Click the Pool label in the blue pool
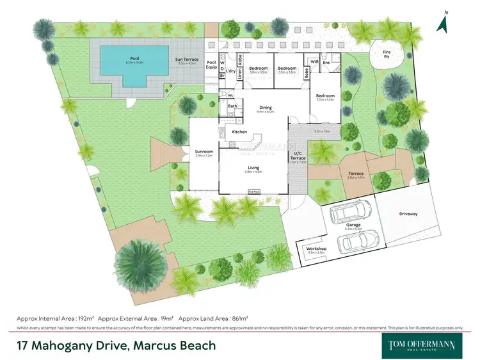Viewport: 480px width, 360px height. point(134,58)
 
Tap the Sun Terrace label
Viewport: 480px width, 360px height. point(188,60)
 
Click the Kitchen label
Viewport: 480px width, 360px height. point(239,132)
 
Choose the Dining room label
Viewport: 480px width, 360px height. point(265,108)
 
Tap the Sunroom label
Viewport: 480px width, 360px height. point(204,152)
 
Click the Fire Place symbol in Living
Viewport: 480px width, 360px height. point(254,191)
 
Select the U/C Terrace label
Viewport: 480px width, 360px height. point(298,156)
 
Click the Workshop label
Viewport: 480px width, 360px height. point(317,249)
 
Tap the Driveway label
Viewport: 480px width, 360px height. point(408,213)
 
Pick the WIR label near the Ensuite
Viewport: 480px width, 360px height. point(314,61)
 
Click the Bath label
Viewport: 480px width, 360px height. point(232,106)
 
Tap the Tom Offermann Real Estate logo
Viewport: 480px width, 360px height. point(422,345)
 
